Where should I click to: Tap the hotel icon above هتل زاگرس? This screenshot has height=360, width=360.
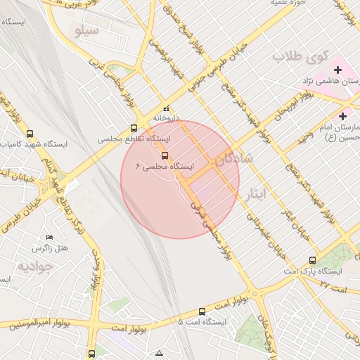(x=49, y=238)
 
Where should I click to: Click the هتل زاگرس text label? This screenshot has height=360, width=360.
(x=49, y=249)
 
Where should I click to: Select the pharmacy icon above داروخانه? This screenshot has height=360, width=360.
(x=167, y=108)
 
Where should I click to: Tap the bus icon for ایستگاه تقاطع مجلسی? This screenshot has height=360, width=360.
(x=134, y=129)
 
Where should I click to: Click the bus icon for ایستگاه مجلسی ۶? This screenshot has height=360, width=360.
(x=165, y=155)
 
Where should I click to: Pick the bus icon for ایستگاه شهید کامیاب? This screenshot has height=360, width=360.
(x=30, y=134)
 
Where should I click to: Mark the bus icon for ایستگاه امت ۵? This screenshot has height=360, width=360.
(x=202, y=311)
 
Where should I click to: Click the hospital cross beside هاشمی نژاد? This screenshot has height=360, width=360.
(x=338, y=70)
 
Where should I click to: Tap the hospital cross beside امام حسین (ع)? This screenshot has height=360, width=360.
(x=342, y=116)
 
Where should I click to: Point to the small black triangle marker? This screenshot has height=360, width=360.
(x=160, y=352)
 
